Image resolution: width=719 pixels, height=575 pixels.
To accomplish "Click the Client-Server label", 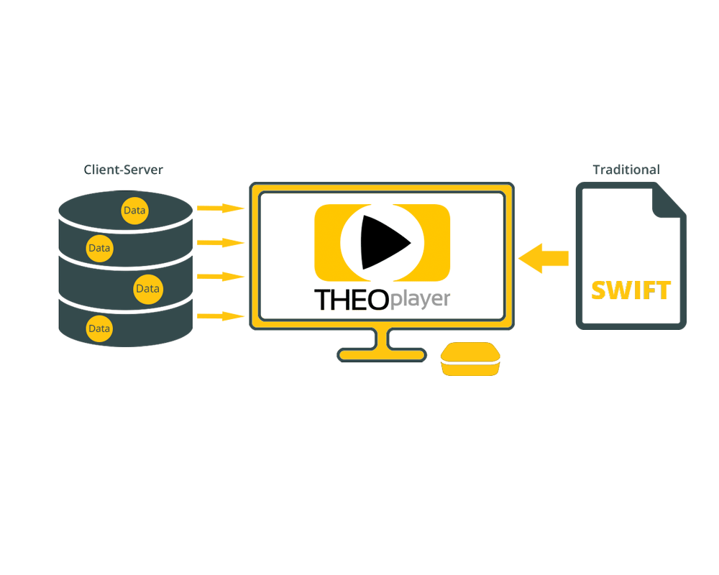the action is coord(124,170).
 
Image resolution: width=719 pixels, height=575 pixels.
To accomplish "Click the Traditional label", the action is coord(626,170).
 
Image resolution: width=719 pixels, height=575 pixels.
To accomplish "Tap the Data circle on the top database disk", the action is coord(135,211).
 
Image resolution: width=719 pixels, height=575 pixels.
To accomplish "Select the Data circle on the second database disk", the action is coord(99,248).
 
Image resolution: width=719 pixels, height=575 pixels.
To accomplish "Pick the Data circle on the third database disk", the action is coord(147,289).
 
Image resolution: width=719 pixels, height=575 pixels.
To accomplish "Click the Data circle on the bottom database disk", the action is coord(99,328).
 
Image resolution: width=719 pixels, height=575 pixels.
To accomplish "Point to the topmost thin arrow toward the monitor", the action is coord(221,208).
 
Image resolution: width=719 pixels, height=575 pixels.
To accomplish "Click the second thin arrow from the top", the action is coord(221,242).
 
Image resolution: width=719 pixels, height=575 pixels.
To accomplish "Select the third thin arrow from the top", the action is coord(221,277).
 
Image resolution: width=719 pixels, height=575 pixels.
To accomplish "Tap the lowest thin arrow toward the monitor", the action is coord(221,316).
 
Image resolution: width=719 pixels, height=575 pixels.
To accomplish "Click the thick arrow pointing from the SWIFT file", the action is coord(544,258).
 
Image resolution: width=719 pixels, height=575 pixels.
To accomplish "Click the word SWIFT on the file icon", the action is coord(631,290).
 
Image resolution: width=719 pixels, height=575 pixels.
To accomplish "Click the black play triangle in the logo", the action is coord(383,242).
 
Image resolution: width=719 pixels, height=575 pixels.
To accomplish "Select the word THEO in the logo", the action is coord(352,300).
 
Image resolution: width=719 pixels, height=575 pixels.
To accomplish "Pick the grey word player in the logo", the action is coord(420,300).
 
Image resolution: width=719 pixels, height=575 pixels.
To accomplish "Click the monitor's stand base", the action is coord(382,355).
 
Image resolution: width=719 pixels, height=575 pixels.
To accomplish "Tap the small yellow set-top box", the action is coord(470,359).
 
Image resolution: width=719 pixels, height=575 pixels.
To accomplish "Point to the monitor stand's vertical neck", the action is coord(382,339).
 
